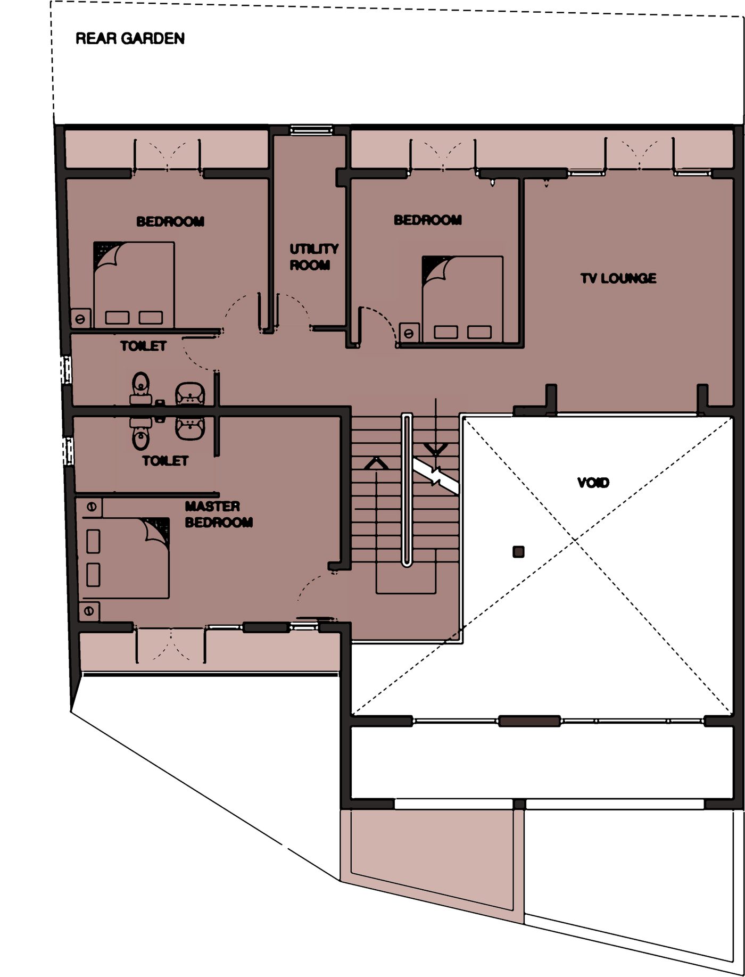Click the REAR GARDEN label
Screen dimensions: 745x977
click(130, 38)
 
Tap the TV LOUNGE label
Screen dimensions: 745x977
click(618, 278)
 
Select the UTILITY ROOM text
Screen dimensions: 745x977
click(314, 256)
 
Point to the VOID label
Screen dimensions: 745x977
click(593, 483)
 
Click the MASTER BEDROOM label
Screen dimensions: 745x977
click(219, 514)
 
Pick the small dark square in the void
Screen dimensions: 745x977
click(518, 552)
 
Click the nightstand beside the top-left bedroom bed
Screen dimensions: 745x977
click(81, 319)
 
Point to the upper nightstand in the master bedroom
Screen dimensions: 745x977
click(90, 507)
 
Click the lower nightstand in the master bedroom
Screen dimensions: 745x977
click(89, 611)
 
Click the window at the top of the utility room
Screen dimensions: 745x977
click(311, 130)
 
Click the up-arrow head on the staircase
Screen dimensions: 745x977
click(376, 463)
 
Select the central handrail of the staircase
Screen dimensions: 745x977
click(407, 490)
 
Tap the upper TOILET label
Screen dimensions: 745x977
click(143, 346)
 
